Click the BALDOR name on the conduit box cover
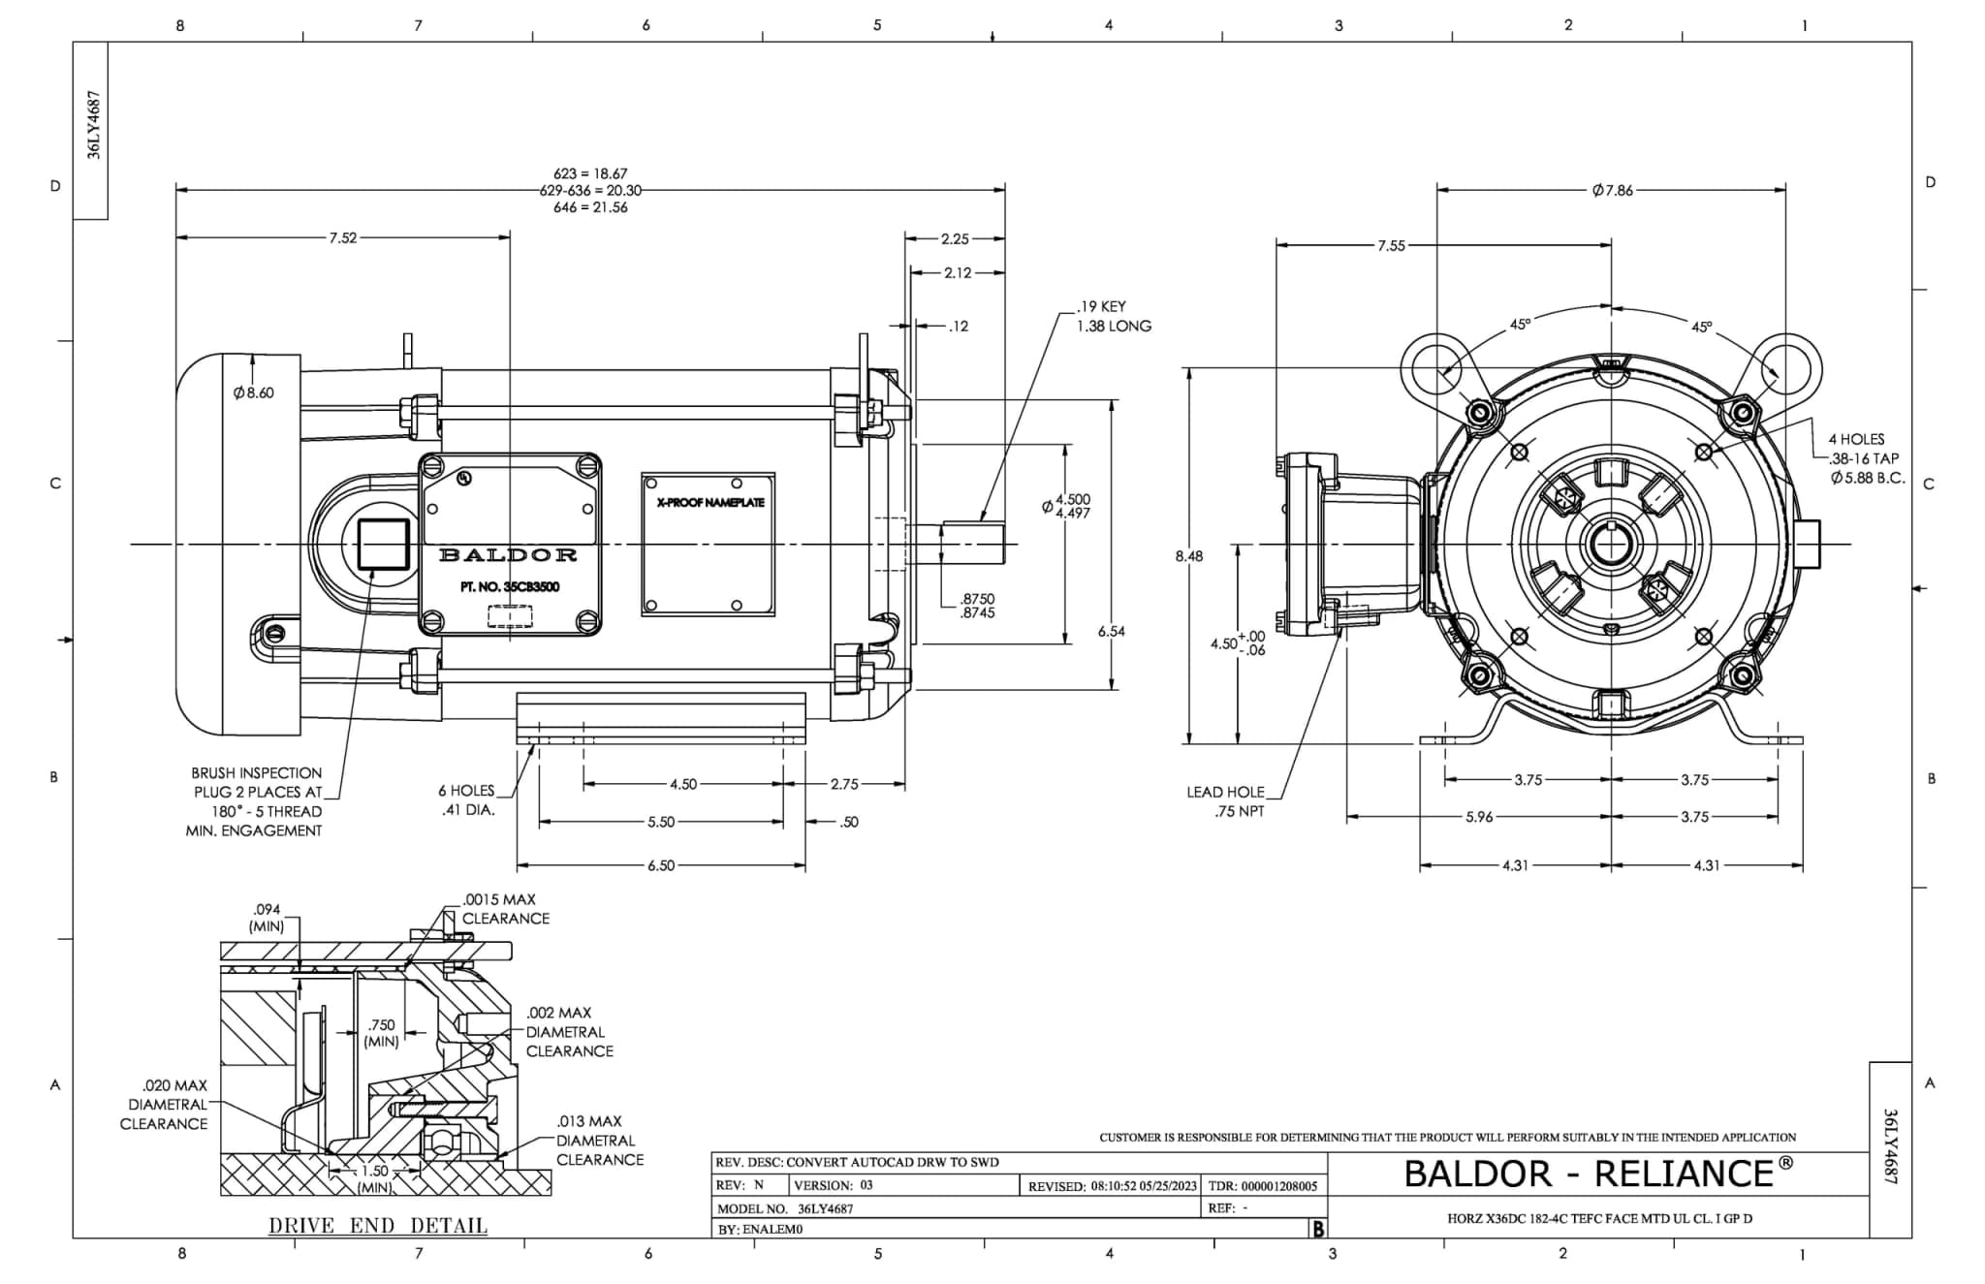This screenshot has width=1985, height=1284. click(x=508, y=555)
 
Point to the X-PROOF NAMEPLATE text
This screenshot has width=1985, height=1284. click(x=709, y=502)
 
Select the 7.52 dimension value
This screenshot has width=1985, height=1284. click(x=342, y=237)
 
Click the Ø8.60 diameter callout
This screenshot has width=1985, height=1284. click(x=253, y=392)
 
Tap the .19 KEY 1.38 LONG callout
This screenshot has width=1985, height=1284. click(x=1113, y=316)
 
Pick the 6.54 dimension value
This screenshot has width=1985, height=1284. click(x=1111, y=631)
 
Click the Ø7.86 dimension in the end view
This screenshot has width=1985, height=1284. click(x=1612, y=190)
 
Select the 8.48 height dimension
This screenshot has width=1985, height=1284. click(x=1188, y=556)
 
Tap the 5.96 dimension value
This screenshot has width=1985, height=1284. click(x=1478, y=817)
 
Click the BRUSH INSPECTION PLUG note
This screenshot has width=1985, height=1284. click(x=256, y=801)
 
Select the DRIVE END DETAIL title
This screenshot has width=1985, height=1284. click(x=378, y=1226)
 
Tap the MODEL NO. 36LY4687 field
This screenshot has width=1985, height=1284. click(x=785, y=1208)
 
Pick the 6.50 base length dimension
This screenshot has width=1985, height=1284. click(x=661, y=865)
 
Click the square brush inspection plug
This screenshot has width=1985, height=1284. click(x=383, y=544)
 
